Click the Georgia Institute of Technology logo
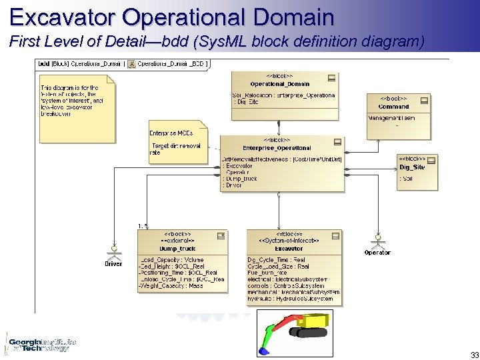coord(38,342)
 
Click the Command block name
coord(393,107)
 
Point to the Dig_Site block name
coord(411,167)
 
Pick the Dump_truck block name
coord(178,249)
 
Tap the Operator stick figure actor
coord(377,241)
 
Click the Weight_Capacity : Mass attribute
coord(171,286)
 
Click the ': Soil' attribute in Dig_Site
coord(406,179)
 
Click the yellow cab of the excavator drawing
coord(313,323)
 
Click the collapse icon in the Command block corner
coord(423,101)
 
